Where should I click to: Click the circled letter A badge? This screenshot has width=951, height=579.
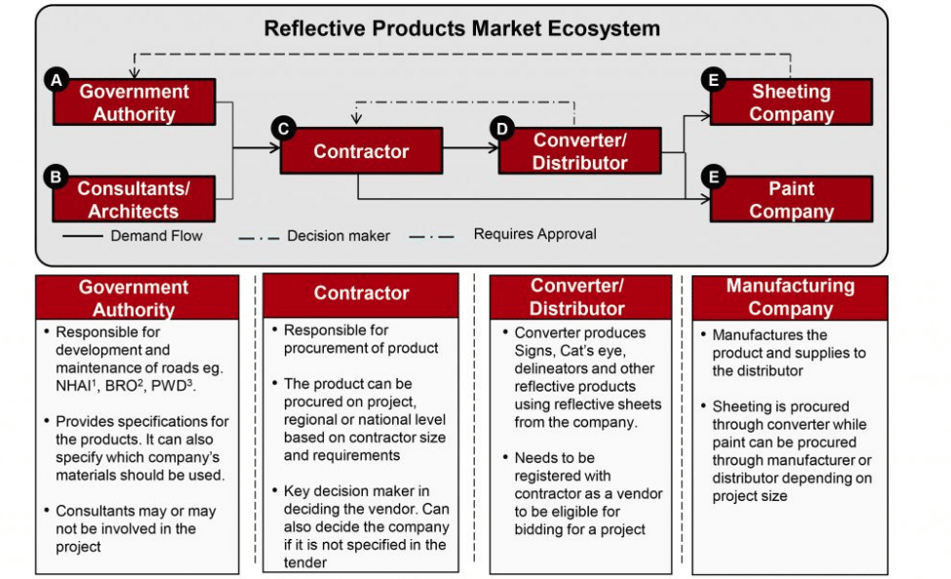[x=57, y=80]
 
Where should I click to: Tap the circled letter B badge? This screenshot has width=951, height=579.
[x=56, y=178]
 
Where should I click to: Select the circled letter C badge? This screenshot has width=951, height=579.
[x=283, y=129]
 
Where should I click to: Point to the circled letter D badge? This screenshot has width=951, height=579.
[x=502, y=129]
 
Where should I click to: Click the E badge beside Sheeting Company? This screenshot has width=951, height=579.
[x=713, y=80]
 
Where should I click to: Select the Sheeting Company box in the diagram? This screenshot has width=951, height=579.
[x=791, y=102]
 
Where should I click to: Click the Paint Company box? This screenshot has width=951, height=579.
[x=791, y=199]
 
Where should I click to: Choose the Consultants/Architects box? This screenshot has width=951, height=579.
[x=134, y=199]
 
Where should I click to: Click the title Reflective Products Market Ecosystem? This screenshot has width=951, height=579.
[x=462, y=28]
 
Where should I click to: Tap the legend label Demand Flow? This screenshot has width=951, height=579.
[x=156, y=236]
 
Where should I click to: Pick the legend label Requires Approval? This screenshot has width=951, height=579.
[x=535, y=234]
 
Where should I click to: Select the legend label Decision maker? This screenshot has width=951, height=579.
[x=338, y=236]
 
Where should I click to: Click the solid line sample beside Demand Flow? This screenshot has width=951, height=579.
[x=83, y=236]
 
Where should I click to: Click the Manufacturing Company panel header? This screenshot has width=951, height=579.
[x=790, y=298]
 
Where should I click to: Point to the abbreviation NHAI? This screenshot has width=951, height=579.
[x=73, y=386]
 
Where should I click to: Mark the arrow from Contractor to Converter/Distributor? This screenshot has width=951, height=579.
[x=471, y=148]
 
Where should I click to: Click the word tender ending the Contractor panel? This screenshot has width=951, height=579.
[x=305, y=562]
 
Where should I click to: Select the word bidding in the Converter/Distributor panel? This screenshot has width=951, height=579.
[x=538, y=530]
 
